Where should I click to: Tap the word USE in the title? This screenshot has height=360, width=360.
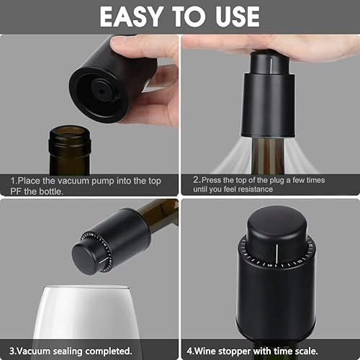pos(238,17)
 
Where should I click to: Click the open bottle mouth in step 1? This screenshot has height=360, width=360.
pos(70,132)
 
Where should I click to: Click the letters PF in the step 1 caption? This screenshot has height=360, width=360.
pos(16,192)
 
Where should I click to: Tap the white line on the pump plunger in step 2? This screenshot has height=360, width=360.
pos(271,66)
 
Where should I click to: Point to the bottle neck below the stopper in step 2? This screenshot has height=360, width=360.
pos(268,155)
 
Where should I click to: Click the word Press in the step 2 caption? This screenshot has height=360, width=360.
pos(212,180)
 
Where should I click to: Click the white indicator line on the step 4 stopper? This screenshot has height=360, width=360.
pos(276,255)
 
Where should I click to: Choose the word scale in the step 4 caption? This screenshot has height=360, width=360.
pos(305,351)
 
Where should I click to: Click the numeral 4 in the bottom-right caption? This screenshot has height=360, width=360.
pos(189,351)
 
